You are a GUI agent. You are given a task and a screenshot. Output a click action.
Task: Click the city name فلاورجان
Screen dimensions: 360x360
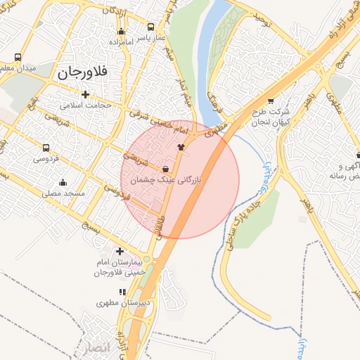click(82, 71)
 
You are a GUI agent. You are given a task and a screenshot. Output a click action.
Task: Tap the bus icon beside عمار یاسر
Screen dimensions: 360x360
click(151, 27)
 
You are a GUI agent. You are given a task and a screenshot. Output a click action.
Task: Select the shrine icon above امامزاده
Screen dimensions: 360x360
click(121, 31)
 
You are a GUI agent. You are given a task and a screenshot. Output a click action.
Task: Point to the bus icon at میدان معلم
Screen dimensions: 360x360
click(18, 57)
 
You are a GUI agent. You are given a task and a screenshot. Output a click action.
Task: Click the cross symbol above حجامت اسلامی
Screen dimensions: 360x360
click(85, 94)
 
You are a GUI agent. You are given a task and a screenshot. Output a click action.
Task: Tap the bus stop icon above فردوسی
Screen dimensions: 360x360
click(46, 148)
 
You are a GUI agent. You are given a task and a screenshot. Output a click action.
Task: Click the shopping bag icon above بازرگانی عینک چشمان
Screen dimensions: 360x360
click(165, 169)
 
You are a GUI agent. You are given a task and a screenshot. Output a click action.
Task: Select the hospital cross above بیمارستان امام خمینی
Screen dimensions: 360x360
click(120, 251)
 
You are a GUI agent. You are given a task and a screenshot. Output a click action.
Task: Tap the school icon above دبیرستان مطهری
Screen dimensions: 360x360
click(122, 292)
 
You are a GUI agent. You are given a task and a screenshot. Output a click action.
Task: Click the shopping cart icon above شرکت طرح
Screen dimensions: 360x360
click(271, 100)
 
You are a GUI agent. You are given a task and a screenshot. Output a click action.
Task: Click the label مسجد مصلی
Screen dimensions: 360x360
click(63, 193)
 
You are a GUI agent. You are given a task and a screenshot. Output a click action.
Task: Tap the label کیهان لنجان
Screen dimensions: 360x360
click(271, 122)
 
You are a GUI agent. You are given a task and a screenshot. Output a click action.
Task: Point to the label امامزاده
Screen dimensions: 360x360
click(121, 42)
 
